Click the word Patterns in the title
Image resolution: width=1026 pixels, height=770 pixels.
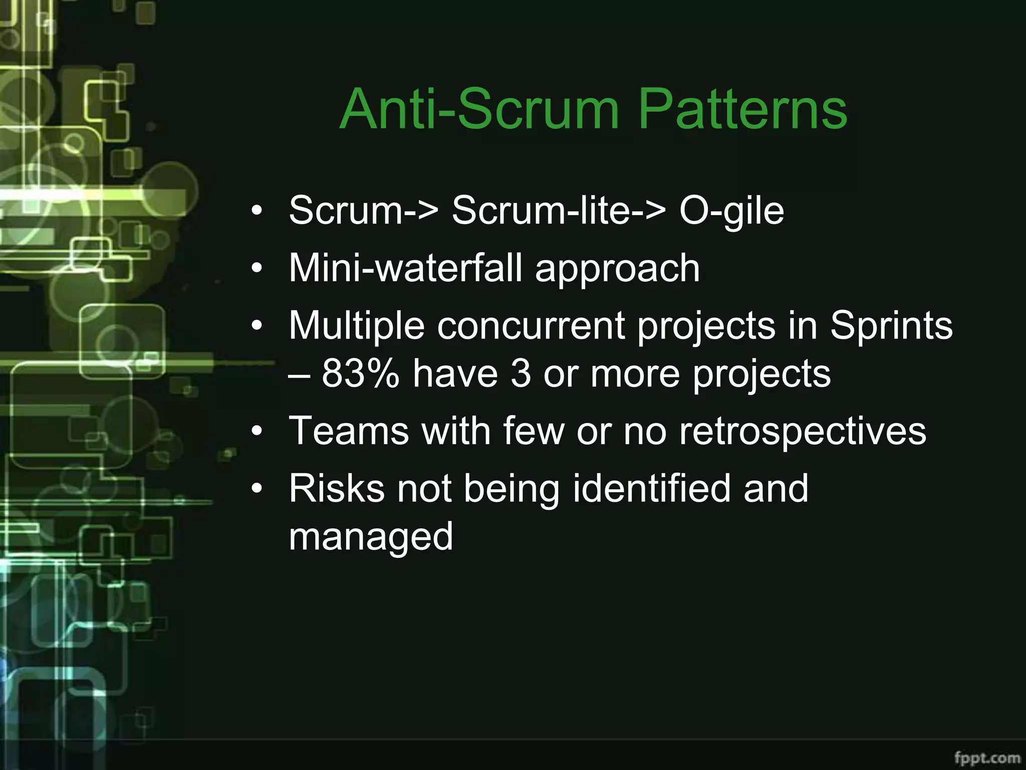click(743, 109)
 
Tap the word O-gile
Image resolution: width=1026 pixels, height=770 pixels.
click(731, 211)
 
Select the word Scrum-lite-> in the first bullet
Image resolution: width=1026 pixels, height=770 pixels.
click(559, 210)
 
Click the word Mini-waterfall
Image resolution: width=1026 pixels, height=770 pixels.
click(405, 268)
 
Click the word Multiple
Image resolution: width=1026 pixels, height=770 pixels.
click(356, 326)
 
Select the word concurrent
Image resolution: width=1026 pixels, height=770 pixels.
click(531, 326)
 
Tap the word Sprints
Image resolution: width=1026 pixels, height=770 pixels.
click(891, 326)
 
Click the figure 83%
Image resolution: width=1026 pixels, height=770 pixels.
click(360, 373)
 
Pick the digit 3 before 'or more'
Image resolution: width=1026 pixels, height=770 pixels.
click(521, 373)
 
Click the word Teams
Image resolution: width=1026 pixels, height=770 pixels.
click(349, 431)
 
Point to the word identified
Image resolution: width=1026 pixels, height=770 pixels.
click(651, 488)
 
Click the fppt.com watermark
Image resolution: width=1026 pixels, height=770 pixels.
click(987, 757)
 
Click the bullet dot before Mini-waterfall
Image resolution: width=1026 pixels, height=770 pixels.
click(257, 269)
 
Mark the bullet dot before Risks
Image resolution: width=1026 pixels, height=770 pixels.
click(257, 489)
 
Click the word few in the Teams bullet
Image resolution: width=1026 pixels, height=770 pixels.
click(533, 431)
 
